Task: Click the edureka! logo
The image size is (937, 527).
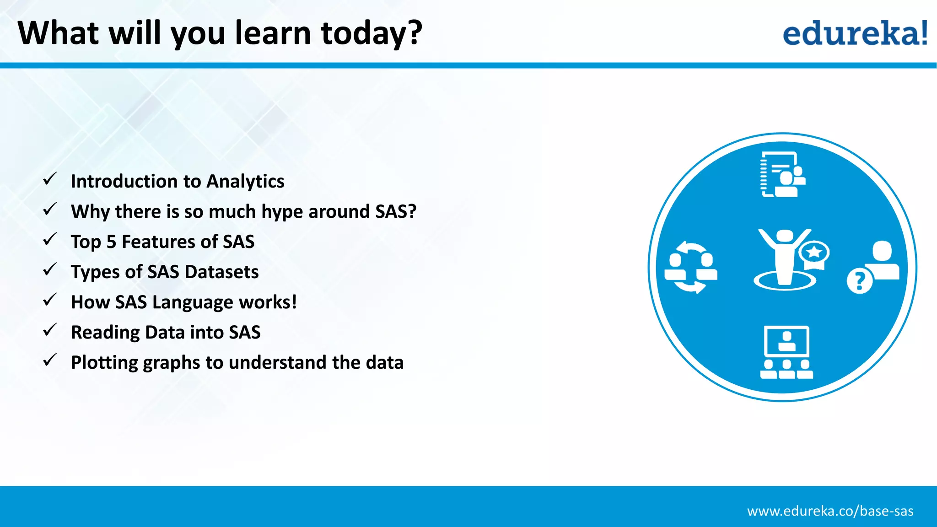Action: click(x=855, y=33)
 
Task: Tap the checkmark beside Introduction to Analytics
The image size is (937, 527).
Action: click(x=49, y=179)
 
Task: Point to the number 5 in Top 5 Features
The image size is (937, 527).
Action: click(x=111, y=242)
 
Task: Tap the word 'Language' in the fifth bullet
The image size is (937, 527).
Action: click(x=193, y=303)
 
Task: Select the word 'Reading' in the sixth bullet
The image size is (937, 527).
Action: click(x=105, y=333)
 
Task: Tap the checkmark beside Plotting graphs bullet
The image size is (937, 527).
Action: click(x=49, y=360)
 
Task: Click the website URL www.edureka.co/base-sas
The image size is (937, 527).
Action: click(x=830, y=511)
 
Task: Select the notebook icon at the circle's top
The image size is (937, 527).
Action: click(x=782, y=174)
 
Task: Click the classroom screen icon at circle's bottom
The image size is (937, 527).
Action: click(x=786, y=352)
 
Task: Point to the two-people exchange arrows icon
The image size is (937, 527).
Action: click(x=691, y=267)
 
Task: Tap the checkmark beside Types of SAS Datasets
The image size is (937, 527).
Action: click(x=49, y=270)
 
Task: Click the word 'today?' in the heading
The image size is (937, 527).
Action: click(x=372, y=33)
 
